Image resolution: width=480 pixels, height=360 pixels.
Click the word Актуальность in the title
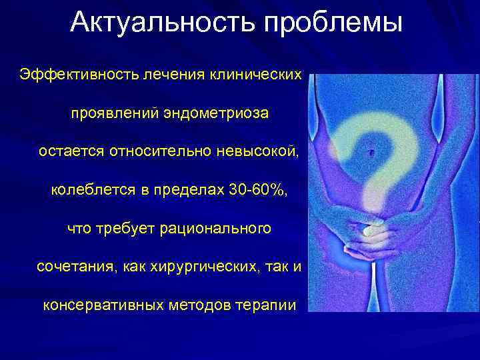pyautogui.click(x=163, y=23)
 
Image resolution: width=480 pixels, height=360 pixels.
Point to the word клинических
pyautogui.click(x=257, y=73)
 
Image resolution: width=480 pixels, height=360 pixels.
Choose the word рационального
pyautogui.click(x=216, y=229)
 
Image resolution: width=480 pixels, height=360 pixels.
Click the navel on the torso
pyautogui.click(x=371, y=153)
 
